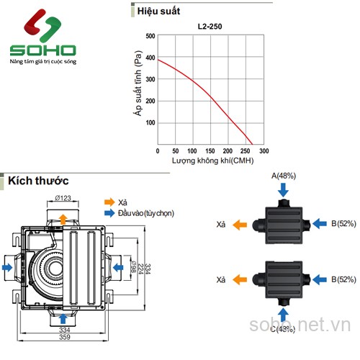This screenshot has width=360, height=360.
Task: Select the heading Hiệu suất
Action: coord(160,10)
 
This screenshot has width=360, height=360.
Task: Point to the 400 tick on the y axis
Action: coord(150,58)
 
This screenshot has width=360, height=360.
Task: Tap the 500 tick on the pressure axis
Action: coord(150,36)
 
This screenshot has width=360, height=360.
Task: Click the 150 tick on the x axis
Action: coord(211,151)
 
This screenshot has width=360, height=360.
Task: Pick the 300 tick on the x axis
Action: coord(264,151)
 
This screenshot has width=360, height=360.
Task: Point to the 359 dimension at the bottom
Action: coord(65,336)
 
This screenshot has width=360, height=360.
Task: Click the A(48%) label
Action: coord(283,175)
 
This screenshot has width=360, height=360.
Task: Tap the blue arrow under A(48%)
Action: coord(283,189)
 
